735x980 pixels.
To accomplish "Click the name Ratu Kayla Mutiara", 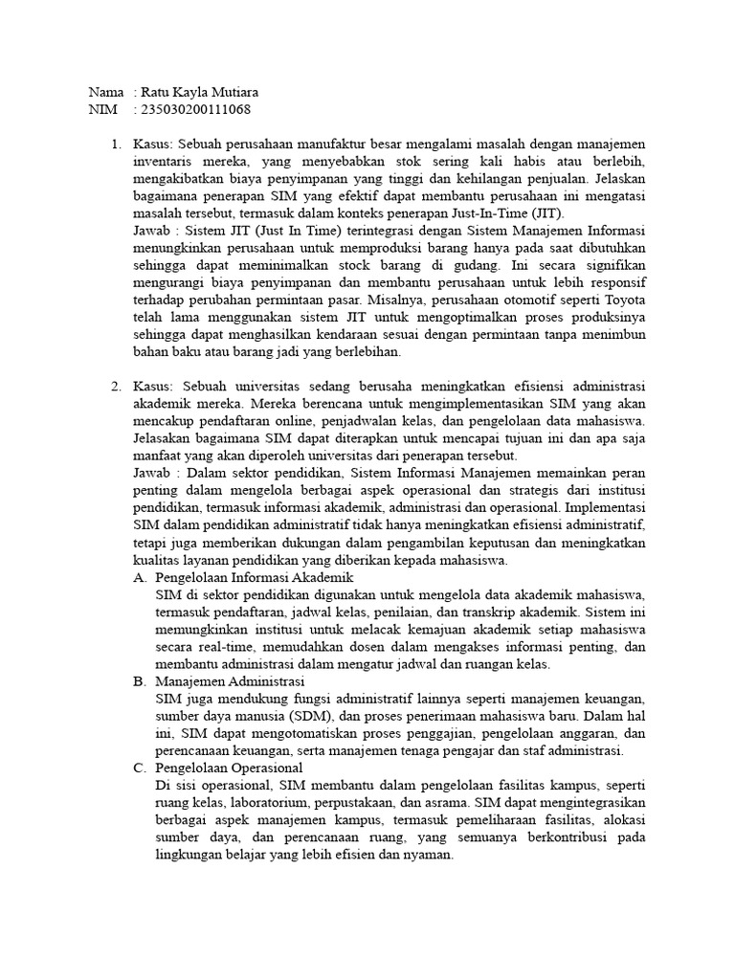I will tap(200, 92).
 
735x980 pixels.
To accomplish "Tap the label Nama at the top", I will tap(105, 92).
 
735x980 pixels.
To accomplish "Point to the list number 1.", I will tap(115, 144).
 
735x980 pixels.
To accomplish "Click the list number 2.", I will tap(115, 386).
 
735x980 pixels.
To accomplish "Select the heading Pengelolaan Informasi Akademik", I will tap(254, 577).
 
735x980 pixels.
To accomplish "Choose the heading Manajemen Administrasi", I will tap(229, 680).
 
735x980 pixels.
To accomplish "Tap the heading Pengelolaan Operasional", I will tap(229, 767).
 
